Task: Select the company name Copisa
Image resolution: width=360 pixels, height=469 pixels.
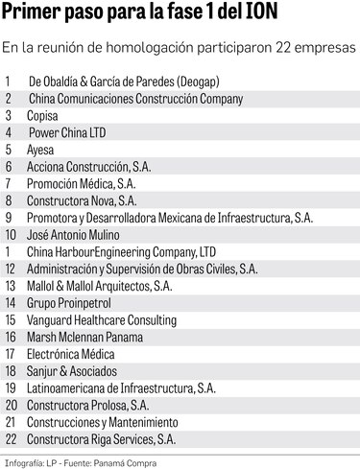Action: coord(45,115)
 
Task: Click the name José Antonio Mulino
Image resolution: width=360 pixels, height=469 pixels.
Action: coord(75,233)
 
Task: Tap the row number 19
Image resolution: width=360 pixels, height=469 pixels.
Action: coord(11,387)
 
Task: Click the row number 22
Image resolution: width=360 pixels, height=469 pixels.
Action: coord(11,439)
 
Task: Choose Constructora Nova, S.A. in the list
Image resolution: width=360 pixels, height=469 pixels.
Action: coord(86,200)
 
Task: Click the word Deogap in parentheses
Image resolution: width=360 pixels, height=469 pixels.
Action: coord(205,81)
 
